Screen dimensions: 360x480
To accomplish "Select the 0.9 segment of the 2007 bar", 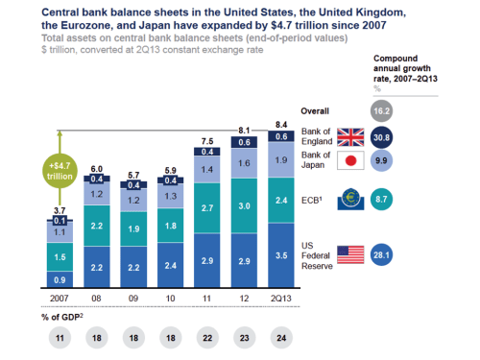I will point(60,279).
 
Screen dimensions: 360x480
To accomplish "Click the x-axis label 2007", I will point(60,300).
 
